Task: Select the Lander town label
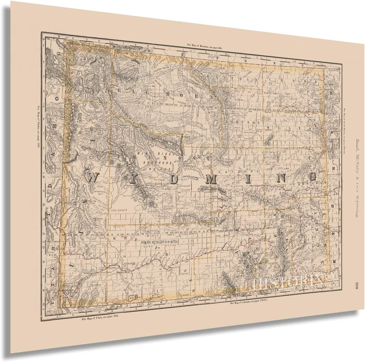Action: (165, 189)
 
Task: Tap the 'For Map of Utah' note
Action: (100, 310)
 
